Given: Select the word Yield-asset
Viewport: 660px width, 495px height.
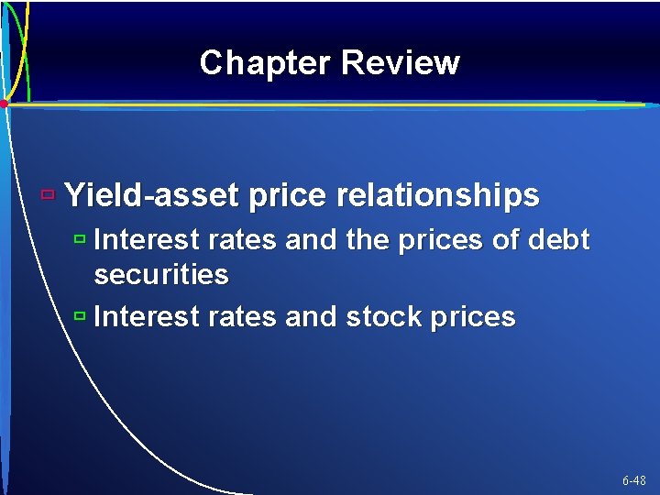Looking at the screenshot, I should (x=152, y=195).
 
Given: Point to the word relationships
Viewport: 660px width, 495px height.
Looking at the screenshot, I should (x=438, y=195).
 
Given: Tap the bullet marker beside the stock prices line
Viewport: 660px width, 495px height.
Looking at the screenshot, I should (x=79, y=316).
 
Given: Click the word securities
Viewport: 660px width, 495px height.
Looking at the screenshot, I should (x=161, y=275).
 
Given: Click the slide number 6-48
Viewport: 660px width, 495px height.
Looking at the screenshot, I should (x=633, y=480).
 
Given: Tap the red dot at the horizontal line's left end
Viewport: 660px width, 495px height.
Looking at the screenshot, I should (x=5, y=104).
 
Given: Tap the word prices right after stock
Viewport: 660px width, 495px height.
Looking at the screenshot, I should (x=474, y=317).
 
